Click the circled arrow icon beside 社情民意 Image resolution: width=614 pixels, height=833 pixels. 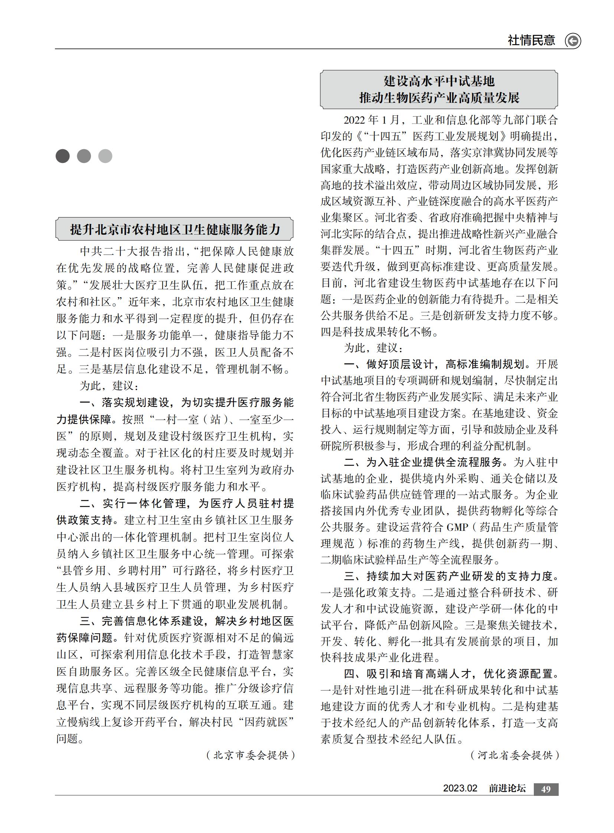pyautogui.click(x=573, y=40)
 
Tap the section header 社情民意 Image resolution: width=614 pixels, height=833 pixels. pyautogui.click(x=532, y=40)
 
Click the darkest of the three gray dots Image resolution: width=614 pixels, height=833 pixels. pyautogui.click(x=62, y=156)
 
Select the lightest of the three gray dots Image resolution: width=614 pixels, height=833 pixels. pyautogui.click(x=105, y=156)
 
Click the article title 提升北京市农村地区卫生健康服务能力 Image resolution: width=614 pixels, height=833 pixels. pyautogui.click(x=175, y=229)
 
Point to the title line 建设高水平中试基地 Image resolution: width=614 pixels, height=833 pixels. pyautogui.click(x=439, y=81)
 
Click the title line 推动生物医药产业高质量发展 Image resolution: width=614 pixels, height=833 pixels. pyautogui.click(x=439, y=98)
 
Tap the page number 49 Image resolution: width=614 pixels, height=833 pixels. pyautogui.click(x=546, y=789)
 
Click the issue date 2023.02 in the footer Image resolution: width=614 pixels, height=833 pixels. pyautogui.click(x=460, y=788)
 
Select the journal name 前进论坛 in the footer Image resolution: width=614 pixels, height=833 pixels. pyautogui.click(x=507, y=788)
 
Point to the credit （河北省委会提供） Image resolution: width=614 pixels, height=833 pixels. pyautogui.click(x=515, y=755)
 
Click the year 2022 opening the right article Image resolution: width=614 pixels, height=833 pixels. pyautogui.click(x=355, y=120)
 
